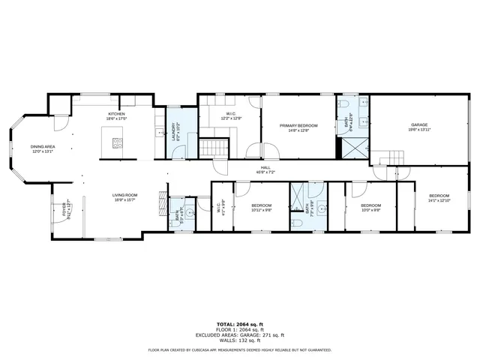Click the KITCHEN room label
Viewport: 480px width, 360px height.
tap(115, 114)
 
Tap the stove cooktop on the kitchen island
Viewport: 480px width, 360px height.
tap(115, 142)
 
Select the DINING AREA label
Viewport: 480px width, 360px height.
tap(42, 147)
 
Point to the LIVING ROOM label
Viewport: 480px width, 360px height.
tap(123, 195)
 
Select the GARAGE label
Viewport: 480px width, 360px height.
tap(418, 124)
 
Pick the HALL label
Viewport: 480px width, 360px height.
tap(265, 167)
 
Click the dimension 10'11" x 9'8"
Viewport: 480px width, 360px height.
tap(261, 209)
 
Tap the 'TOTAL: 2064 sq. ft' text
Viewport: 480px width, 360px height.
tap(240, 324)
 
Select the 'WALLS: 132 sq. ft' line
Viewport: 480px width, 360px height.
tap(240, 340)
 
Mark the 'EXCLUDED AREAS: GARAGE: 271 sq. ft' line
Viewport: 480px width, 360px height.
tap(240, 334)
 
